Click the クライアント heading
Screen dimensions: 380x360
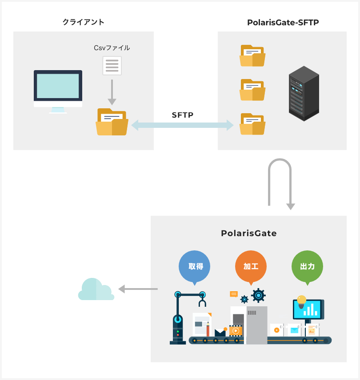click(x=84, y=22)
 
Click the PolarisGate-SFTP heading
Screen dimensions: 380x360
click(x=283, y=22)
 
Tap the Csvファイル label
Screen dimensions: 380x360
click(x=112, y=47)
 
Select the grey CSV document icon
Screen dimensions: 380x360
click(x=112, y=66)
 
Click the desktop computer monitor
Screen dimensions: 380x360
click(x=58, y=88)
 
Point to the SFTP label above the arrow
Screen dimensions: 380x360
click(x=183, y=115)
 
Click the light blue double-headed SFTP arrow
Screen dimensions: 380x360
click(x=183, y=125)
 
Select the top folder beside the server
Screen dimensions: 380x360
click(x=252, y=56)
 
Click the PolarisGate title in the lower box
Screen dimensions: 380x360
click(x=248, y=233)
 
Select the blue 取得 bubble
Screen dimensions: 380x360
click(x=194, y=267)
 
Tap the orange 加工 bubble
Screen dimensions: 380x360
click(x=251, y=267)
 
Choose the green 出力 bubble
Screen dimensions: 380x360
click(x=307, y=267)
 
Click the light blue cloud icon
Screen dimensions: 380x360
click(x=96, y=290)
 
